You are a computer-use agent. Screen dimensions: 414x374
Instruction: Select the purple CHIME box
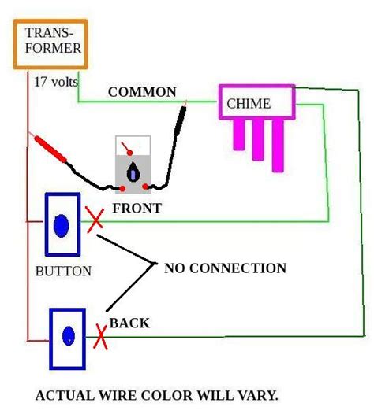coord(256,103)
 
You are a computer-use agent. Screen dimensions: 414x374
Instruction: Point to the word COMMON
coord(142,92)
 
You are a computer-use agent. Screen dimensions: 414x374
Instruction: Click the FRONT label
coord(137,209)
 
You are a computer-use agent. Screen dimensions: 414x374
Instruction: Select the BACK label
coord(129,323)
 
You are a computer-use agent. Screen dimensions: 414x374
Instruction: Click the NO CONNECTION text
coord(225,268)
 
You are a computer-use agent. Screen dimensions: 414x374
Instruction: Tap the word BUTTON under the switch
coord(63,272)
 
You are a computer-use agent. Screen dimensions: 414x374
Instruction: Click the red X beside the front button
coord(95,220)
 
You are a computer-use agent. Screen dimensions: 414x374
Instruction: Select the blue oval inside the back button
coord(69,336)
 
